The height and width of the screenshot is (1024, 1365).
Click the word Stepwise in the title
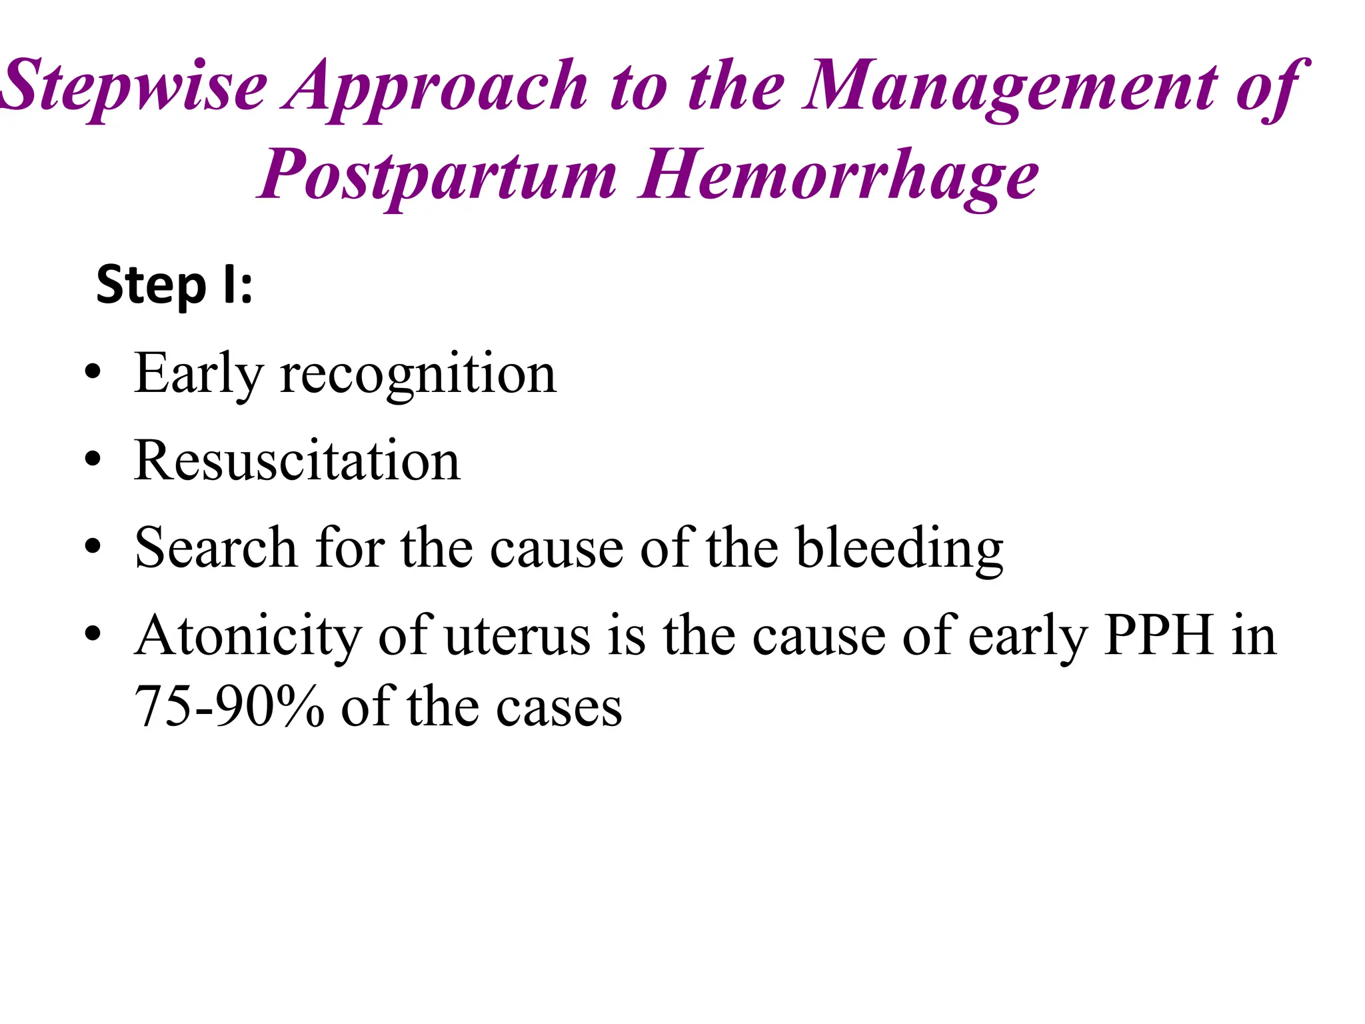[x=133, y=87]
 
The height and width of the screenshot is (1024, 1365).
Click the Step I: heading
[x=175, y=285]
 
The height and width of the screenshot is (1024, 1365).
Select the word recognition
[x=418, y=375]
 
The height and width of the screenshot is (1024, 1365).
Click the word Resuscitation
[x=297, y=461]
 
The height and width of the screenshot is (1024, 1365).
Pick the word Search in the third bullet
[x=215, y=548]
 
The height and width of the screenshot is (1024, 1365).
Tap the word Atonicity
[x=247, y=637]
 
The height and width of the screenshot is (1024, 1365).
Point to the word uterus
[x=517, y=637]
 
